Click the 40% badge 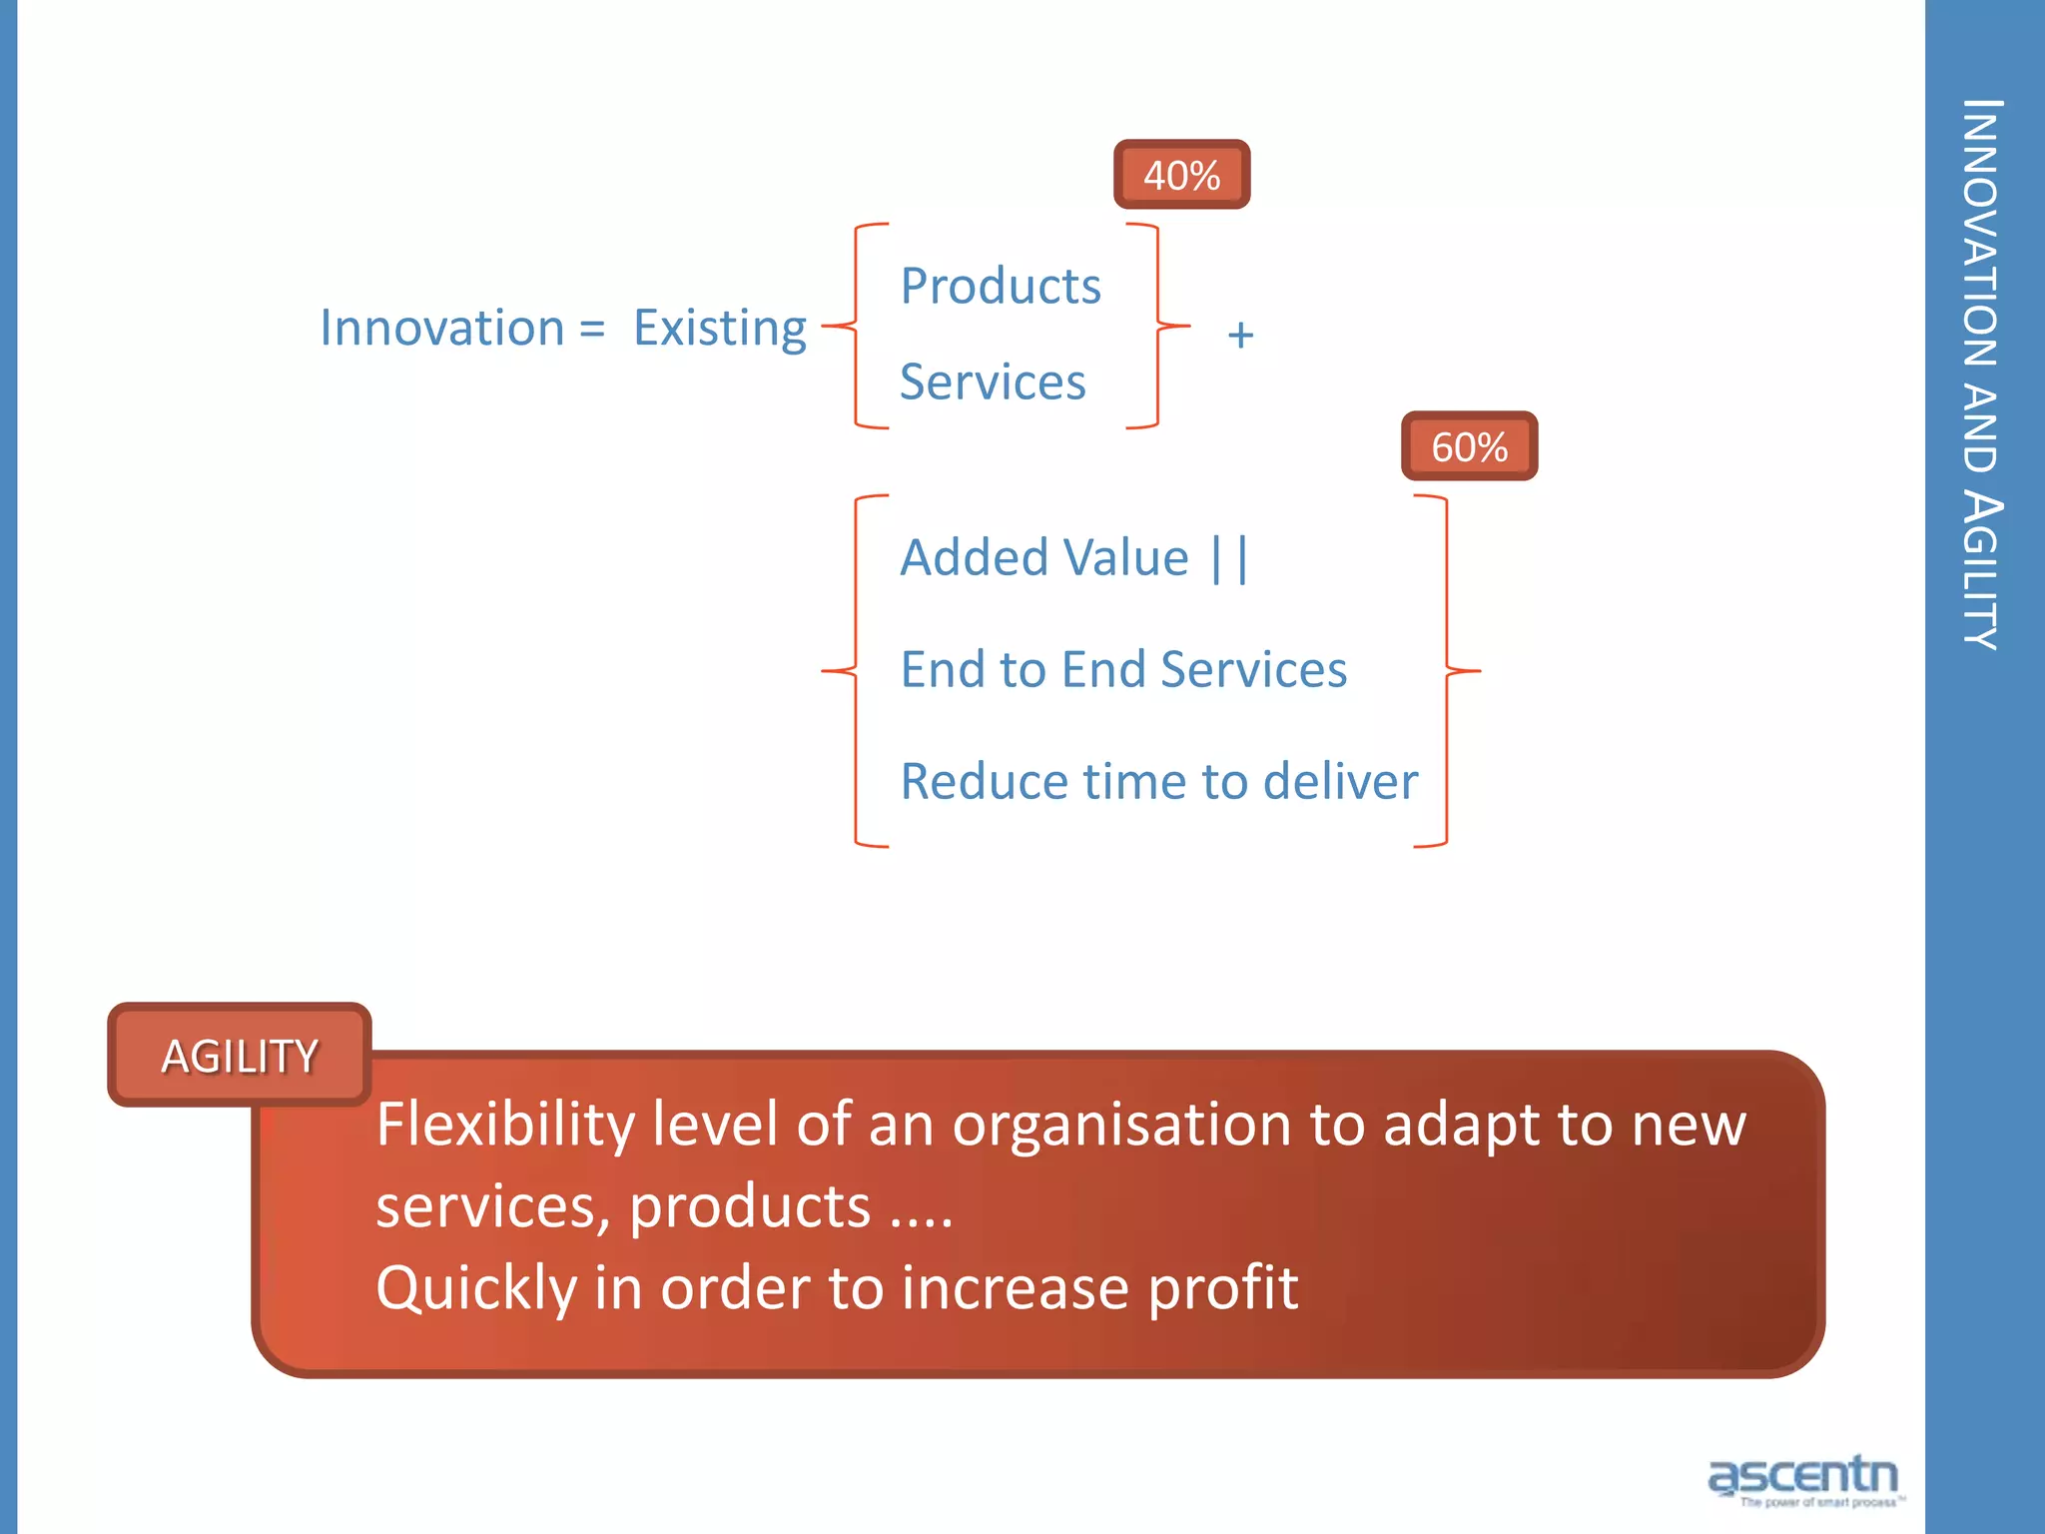click(1181, 175)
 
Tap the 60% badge click(1469, 446)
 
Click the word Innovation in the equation click(442, 328)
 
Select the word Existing click(719, 328)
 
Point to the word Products click(1001, 287)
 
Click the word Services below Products click(993, 383)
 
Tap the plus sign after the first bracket click(1240, 336)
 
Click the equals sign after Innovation click(592, 330)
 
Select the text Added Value click(1044, 557)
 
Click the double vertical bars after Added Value click(1229, 559)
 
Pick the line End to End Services click(1123, 669)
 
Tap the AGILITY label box click(240, 1056)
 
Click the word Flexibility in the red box click(504, 1125)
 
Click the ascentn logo click(1803, 1477)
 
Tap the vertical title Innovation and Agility click(1981, 375)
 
